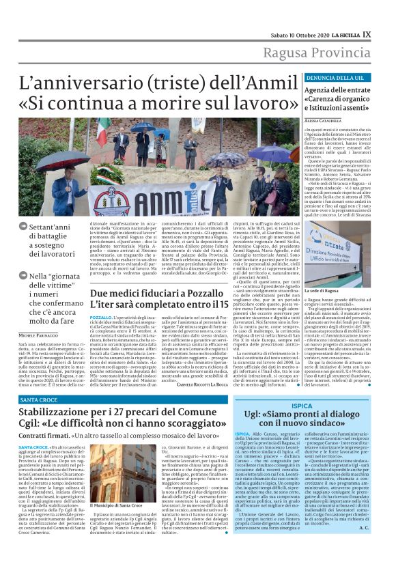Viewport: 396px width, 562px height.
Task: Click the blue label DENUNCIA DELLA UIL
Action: coord(324,79)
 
